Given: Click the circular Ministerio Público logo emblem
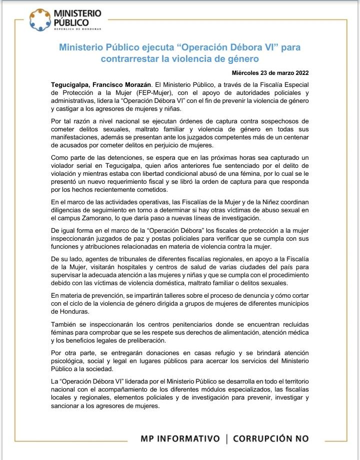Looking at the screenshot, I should click(x=39, y=19).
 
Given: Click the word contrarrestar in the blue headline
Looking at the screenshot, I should click(x=129, y=60).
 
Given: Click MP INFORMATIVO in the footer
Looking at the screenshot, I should click(x=180, y=439).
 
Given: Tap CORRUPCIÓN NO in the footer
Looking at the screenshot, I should click(x=271, y=439).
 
